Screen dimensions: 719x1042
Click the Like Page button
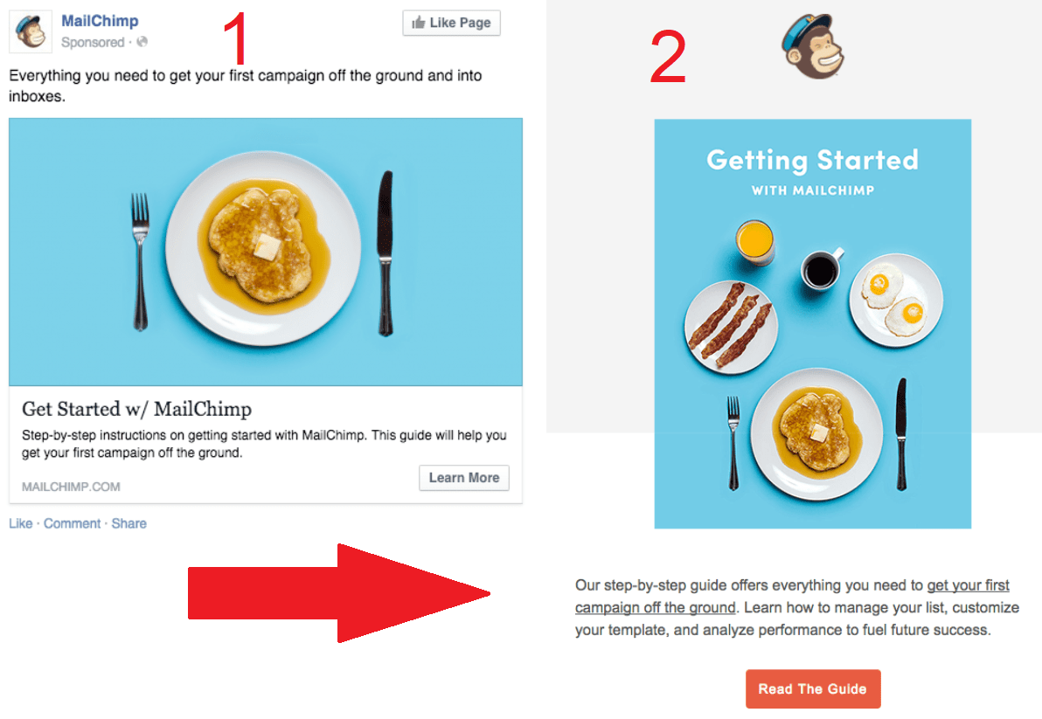(451, 23)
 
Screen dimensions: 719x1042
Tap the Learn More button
(463, 478)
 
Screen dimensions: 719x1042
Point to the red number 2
(668, 59)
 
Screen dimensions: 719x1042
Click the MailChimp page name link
(100, 21)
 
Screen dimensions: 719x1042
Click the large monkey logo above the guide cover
(812, 48)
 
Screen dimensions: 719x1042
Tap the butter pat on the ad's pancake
(266, 248)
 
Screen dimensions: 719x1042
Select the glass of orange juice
(754, 241)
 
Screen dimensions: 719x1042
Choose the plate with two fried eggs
(895, 299)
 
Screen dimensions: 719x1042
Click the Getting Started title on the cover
(812, 160)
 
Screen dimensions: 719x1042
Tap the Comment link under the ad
(73, 523)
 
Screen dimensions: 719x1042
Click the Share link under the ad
(129, 523)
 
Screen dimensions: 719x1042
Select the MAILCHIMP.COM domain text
(71, 487)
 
